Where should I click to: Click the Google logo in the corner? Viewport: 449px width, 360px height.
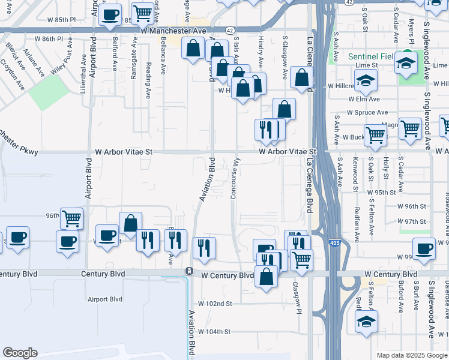tap(20, 353)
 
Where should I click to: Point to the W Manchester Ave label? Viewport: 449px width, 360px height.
tap(173, 29)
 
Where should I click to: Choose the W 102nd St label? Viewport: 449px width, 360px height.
tap(215, 304)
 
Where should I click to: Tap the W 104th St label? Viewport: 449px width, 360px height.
tap(214, 332)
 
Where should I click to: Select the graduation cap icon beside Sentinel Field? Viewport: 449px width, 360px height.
tap(406, 64)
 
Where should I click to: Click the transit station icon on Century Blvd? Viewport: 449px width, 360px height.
tap(188, 271)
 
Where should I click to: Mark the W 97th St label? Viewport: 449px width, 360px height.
tap(415, 221)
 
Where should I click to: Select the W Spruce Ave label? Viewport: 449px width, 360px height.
tap(367, 112)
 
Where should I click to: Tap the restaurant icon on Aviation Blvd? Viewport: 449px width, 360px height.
tap(204, 247)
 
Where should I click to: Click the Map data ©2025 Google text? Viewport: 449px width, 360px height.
tap(411, 355)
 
